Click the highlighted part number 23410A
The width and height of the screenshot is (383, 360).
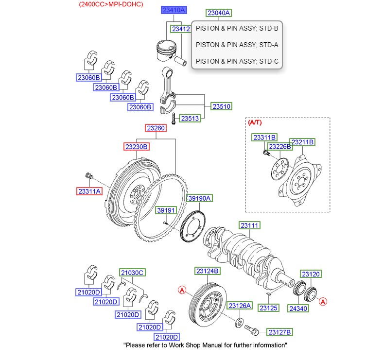174,10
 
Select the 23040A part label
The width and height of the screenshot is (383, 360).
219,13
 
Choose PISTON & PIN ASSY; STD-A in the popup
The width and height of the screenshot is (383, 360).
236,45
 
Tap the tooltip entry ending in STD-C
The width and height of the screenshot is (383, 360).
236,61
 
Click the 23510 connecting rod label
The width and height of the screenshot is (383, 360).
221,106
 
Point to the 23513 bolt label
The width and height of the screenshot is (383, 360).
190,118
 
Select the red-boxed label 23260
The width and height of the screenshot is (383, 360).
156,129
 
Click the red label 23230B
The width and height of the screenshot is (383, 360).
136,146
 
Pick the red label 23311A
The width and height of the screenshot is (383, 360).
89,191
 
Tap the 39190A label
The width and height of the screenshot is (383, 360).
199,198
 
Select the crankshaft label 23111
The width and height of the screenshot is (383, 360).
250,225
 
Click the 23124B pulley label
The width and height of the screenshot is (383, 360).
208,271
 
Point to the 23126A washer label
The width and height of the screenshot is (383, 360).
240,306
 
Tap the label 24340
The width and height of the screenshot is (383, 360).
298,308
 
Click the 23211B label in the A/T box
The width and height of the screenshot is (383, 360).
302,142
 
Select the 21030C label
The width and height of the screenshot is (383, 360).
132,273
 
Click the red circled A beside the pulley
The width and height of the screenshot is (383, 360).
182,290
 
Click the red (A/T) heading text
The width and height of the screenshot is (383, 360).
255,123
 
